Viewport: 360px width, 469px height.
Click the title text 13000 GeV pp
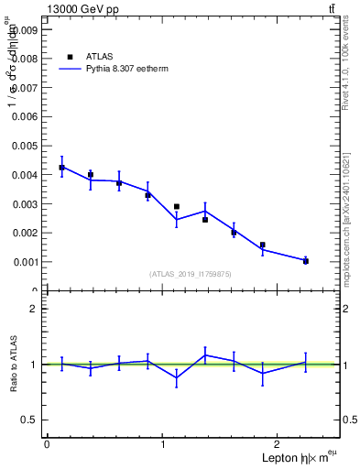click(x=82, y=9)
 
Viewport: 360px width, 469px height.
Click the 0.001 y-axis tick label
click(x=24, y=262)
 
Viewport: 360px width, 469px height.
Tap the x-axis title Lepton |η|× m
click(x=293, y=457)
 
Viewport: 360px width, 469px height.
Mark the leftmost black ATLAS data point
click(x=61, y=168)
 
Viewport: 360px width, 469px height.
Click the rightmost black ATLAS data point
click(x=306, y=261)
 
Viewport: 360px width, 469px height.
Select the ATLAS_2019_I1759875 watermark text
click(x=191, y=274)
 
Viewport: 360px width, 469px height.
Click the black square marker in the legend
click(x=70, y=56)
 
